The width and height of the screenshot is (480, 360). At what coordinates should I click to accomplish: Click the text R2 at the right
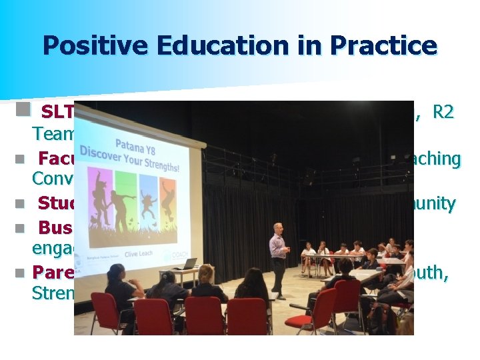pos(443,111)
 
